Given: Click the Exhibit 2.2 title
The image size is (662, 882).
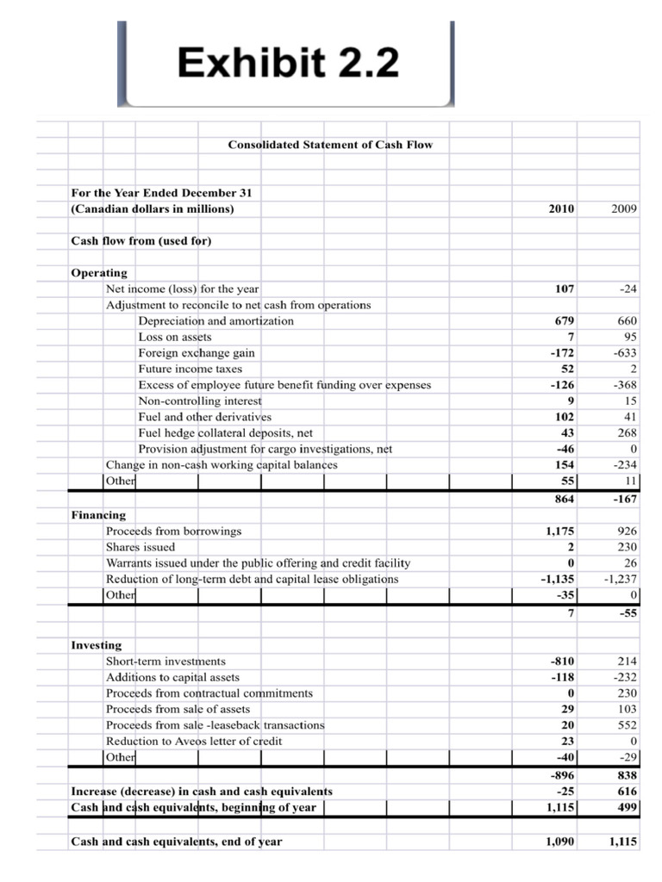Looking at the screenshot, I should (x=288, y=63).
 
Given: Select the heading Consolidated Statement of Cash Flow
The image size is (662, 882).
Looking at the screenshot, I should (x=330, y=145).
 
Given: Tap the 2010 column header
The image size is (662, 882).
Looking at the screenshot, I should (x=560, y=209).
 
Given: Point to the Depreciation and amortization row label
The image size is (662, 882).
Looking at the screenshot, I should (x=215, y=321).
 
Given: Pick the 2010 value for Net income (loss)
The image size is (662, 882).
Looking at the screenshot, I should (x=565, y=289).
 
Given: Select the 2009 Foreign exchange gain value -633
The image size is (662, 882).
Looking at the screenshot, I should (x=622, y=353).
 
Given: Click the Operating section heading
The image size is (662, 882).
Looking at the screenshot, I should (x=98, y=273).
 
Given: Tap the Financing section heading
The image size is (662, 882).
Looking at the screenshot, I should (x=97, y=515).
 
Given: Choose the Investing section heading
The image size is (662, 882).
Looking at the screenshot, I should (x=96, y=645).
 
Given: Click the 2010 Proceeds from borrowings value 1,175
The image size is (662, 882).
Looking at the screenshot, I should (x=558, y=531).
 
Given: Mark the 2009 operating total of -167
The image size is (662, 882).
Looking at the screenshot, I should (x=622, y=500).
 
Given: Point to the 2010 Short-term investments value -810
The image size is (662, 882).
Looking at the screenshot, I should (x=562, y=661).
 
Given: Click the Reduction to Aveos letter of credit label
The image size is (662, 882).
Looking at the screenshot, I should (x=193, y=742).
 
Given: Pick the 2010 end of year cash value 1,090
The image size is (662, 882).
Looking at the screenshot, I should (x=561, y=842).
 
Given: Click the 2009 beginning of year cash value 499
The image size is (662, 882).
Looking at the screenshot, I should (x=625, y=807).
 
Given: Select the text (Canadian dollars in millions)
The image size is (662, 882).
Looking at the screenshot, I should (x=152, y=209).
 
